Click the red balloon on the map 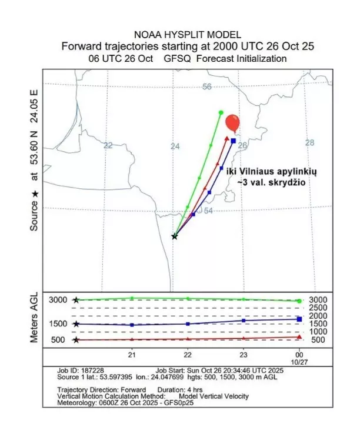(x=233, y=122)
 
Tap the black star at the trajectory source (x=174, y=236)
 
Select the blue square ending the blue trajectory (x=234, y=141)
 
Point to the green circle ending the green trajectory (x=221, y=112)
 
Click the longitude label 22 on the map (x=108, y=145)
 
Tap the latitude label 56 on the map (x=206, y=87)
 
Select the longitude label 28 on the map (x=310, y=143)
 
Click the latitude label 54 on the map (x=208, y=211)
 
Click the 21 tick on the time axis (x=132, y=355)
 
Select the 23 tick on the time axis (x=244, y=355)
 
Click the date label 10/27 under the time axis (x=299, y=362)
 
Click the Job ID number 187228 (x=89, y=372)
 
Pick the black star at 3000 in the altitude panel (x=76, y=300)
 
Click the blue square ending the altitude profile (x=299, y=319)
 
